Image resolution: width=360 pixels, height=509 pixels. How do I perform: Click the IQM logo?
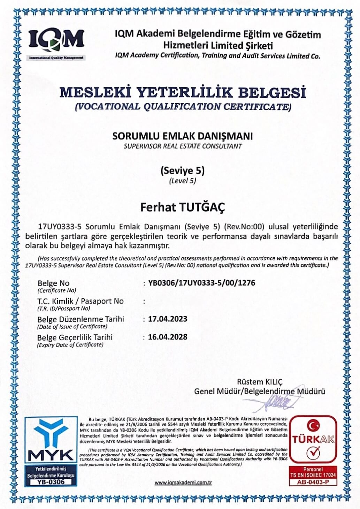coord(56,41)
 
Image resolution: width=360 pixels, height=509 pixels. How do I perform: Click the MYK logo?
coord(51,439)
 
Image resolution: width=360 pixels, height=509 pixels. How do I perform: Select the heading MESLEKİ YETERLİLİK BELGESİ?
coord(183,93)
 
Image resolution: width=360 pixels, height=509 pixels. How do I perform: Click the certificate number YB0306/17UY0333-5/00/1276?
coord(201,283)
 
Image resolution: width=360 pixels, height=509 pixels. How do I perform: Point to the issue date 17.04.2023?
coord(168,319)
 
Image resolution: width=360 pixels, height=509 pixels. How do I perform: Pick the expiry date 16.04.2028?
coord(168,337)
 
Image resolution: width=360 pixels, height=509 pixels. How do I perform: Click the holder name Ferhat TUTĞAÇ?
coord(183,207)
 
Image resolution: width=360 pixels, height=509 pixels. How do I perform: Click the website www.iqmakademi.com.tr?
coord(183,483)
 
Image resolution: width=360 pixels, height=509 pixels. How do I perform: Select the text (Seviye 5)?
coord(183,170)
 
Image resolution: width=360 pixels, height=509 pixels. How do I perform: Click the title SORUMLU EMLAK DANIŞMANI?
coord(183,136)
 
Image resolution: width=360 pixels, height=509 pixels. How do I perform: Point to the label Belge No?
coord(53,283)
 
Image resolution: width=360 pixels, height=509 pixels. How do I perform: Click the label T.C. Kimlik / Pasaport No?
coord(81,301)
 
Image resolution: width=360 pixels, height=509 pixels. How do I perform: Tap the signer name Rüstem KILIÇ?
coord(260,381)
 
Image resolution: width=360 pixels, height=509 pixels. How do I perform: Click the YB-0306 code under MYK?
coord(51,482)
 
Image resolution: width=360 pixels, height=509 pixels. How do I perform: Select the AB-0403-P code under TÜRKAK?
coord(313,482)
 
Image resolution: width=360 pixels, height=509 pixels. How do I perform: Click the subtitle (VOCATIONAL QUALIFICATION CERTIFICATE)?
coord(183,107)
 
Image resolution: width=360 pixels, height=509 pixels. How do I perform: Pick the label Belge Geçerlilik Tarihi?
coord(75,337)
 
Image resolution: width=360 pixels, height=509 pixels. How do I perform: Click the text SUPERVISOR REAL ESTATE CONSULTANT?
coord(183,146)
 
